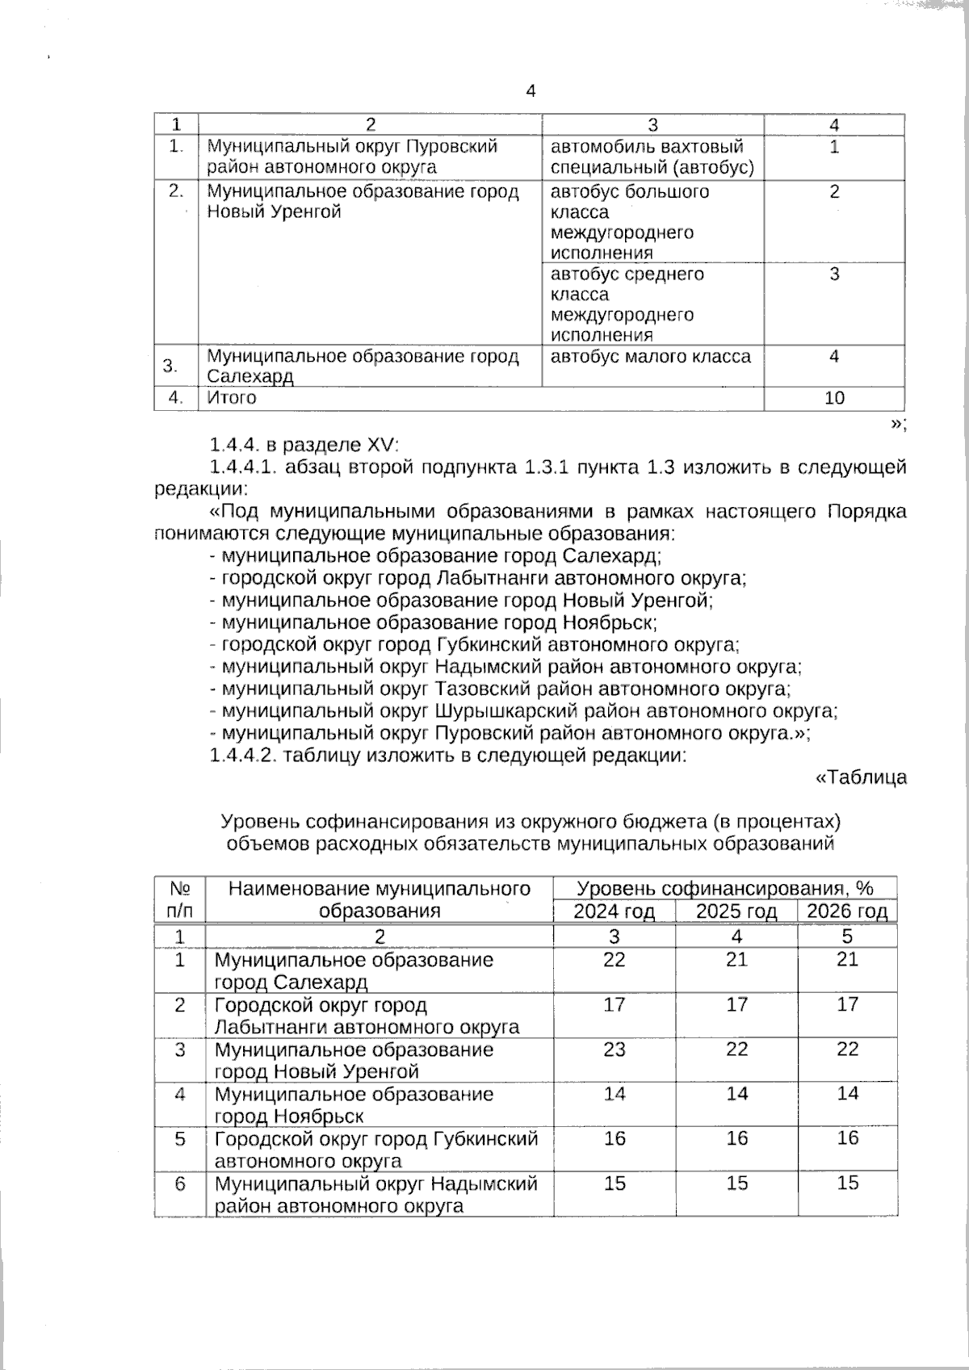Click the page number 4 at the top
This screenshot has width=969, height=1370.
(531, 91)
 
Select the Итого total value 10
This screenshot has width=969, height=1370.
(834, 398)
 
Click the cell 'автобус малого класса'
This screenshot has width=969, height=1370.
(651, 357)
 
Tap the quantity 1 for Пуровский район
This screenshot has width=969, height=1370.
(834, 147)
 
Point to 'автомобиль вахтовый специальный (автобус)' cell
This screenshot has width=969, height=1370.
(652, 157)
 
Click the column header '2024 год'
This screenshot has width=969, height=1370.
(613, 911)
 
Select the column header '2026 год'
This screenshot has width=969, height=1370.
(847, 911)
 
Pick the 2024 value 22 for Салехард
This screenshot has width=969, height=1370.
(614, 960)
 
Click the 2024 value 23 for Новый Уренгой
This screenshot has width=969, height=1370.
(614, 1049)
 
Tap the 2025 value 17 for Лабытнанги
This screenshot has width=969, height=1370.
(736, 1005)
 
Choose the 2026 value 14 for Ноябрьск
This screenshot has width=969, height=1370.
(847, 1094)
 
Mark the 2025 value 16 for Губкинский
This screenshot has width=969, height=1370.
(736, 1138)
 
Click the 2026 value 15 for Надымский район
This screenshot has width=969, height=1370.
(847, 1184)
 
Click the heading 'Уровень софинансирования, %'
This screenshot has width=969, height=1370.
(724, 889)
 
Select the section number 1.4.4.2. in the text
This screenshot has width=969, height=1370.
(244, 756)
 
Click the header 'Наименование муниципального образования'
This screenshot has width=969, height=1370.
(380, 899)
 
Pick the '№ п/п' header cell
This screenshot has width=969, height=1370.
(179, 899)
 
